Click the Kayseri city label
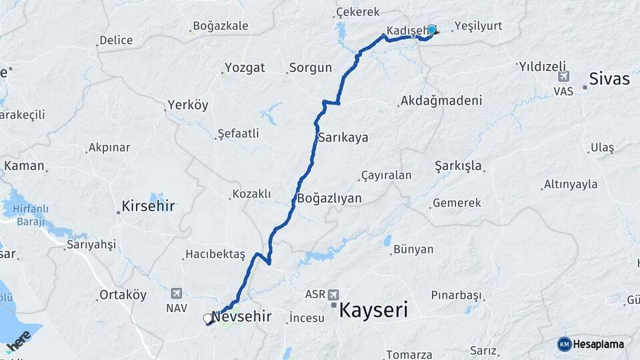373,310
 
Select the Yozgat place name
245,67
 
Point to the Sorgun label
311,67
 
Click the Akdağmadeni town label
441,101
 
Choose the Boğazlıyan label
329,198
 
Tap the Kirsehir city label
148,206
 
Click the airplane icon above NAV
176,293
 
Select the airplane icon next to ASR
333,294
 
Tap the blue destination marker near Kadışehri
431,30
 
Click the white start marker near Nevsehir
208,319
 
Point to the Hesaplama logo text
599,344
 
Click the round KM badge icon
565,344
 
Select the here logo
19,340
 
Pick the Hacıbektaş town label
216,255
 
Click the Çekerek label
358,12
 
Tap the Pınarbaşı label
456,295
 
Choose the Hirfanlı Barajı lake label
25,215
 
